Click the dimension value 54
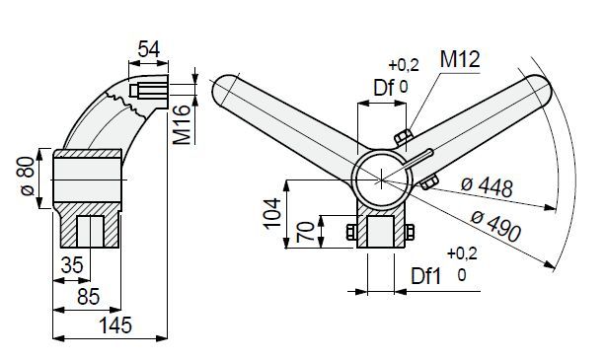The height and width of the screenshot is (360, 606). point(149,49)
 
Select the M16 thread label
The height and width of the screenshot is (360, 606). point(182,124)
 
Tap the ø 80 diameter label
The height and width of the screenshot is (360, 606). point(27,177)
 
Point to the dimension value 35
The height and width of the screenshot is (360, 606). point(72,265)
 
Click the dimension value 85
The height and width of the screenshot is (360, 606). point(89,296)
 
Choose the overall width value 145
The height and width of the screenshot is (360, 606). point(115,324)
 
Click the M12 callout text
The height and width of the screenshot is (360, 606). point(460,59)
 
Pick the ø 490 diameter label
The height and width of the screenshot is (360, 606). point(495,226)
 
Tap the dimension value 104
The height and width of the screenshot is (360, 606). point(272,214)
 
